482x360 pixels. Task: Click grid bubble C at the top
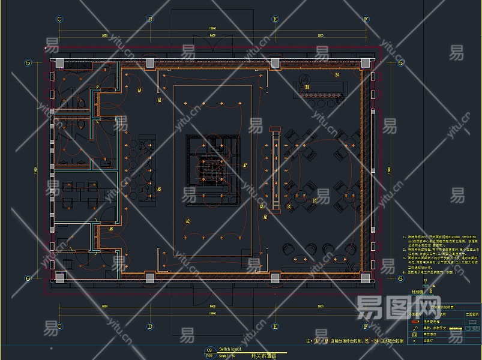pyautogui.click(x=59, y=19)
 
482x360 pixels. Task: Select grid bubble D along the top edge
pyautogui.click(x=150, y=19)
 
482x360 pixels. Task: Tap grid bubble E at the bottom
pyautogui.click(x=275, y=327)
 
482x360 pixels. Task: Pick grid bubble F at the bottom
pyautogui.click(x=366, y=327)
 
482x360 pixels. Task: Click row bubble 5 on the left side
pyautogui.click(x=28, y=62)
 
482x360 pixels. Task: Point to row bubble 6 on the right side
pyautogui.click(x=400, y=278)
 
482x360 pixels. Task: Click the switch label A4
pyautogui.click(x=139, y=91)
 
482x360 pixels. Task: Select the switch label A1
pyautogui.click(x=160, y=101)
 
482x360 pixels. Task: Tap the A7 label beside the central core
pyautogui.click(x=245, y=165)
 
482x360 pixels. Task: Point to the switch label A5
pyautogui.click(x=159, y=190)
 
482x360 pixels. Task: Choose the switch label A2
pyautogui.click(x=187, y=221)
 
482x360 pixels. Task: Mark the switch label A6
pyautogui.click(x=111, y=229)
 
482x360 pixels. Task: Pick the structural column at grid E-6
pyautogui.click(x=275, y=278)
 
